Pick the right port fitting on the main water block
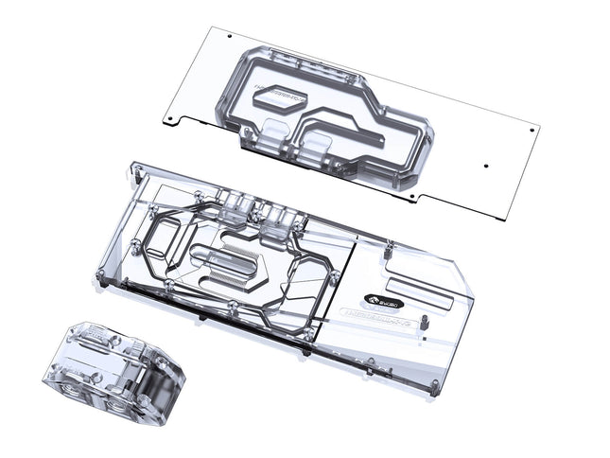click(x=275, y=221)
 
